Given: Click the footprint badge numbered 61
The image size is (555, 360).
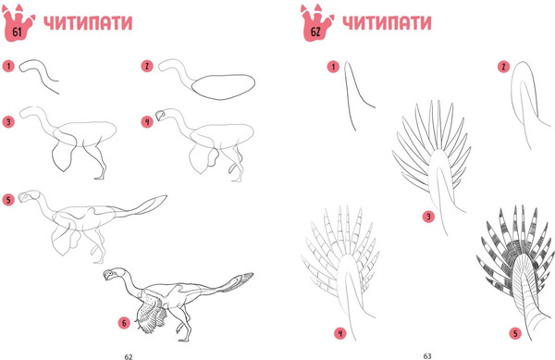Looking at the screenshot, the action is [18, 24].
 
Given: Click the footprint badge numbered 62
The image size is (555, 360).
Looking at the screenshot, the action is [316, 24].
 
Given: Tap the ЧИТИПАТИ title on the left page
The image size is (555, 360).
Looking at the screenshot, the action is [88, 22].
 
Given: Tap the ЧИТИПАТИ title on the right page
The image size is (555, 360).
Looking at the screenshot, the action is [387, 22].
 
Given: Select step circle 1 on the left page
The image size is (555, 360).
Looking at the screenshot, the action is [8, 67].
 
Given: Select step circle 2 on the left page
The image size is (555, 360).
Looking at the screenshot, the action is [147, 67].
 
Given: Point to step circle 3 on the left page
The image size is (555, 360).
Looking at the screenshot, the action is [8, 122].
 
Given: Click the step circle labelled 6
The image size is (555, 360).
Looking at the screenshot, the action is [124, 323].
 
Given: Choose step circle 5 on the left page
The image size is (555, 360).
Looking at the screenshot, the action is [8, 200].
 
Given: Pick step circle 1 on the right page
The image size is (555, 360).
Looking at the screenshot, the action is [333, 67].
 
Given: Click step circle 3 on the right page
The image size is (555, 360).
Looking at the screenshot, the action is [428, 217].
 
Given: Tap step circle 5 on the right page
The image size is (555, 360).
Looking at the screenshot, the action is [515, 333].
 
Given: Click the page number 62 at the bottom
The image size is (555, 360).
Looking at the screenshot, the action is [129, 356].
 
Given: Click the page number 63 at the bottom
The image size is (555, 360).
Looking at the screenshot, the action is [427, 355].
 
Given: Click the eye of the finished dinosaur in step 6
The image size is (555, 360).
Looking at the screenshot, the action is [109, 273].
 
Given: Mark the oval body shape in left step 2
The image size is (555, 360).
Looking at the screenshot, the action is [223, 87].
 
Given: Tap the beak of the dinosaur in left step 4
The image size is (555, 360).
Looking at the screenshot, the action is [161, 115].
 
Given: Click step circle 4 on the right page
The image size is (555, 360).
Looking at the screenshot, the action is [339, 333].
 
